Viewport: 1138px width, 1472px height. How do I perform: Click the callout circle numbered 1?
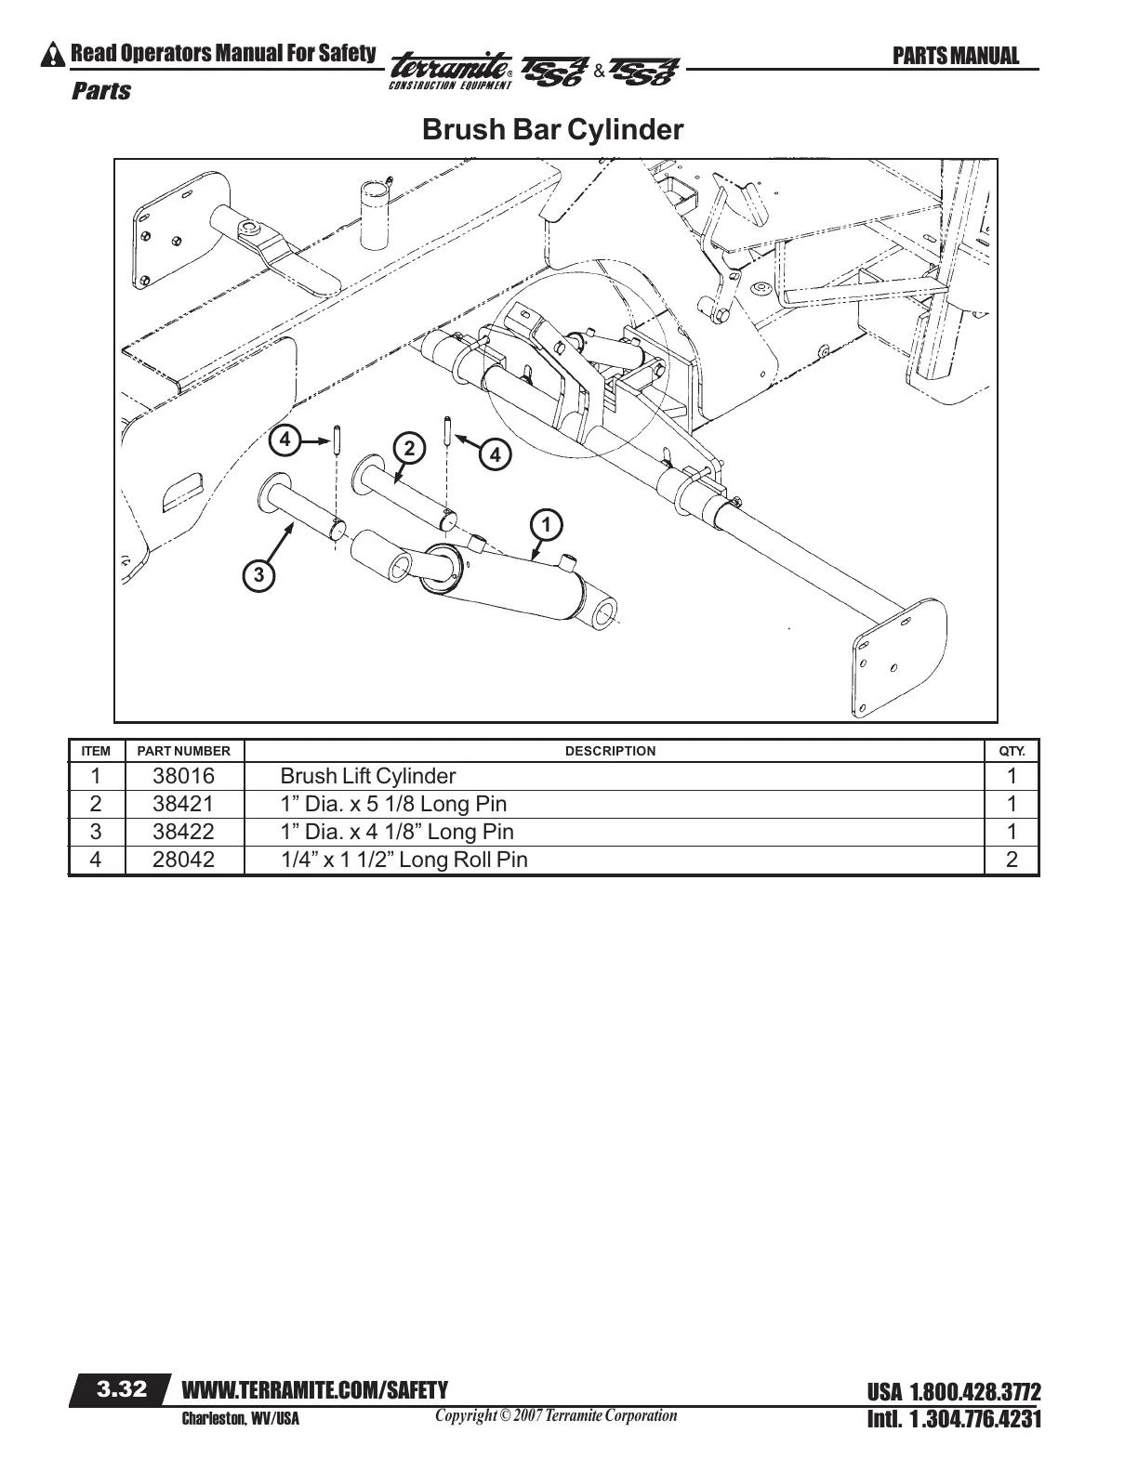pos(547,525)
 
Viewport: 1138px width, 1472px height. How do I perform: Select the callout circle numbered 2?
pos(407,448)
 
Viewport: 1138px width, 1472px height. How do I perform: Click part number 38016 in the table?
pos(183,776)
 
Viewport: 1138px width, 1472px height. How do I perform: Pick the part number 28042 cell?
pos(183,860)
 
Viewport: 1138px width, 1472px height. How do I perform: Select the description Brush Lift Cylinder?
pos(368,776)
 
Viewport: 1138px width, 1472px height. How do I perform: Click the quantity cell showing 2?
pos(1012,860)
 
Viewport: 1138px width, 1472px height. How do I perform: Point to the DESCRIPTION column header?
pos(610,751)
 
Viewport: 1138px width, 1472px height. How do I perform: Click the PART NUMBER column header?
pos(183,751)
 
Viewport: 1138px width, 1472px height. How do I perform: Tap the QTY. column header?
pos(1012,751)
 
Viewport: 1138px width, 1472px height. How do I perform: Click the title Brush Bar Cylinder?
pos(552,129)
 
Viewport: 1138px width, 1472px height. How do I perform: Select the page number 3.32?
pos(122,1389)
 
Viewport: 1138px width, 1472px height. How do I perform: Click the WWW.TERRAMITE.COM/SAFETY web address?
pos(315,1390)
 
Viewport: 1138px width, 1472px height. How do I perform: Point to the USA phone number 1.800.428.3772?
pos(954,1392)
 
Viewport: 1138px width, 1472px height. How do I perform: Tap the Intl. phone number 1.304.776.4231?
pos(954,1419)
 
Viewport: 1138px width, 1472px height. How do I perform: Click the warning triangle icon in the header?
pos(54,55)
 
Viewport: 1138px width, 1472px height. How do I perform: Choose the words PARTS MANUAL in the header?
pos(956,56)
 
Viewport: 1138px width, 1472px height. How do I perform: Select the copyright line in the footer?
pos(556,1416)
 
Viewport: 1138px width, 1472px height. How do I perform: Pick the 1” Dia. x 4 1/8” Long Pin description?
pos(397,832)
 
